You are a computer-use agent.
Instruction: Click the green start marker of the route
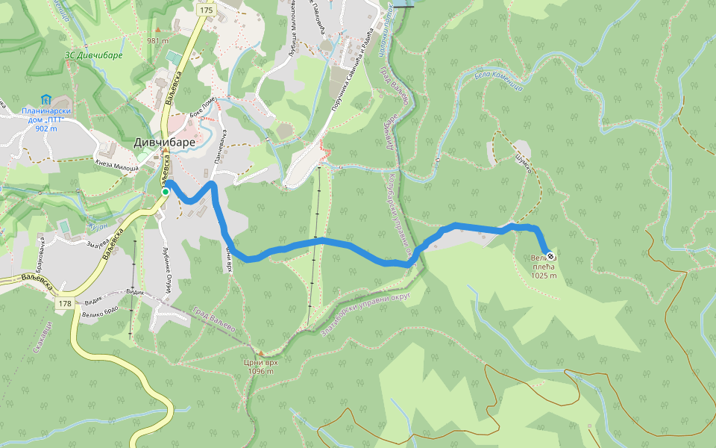tap(166, 192)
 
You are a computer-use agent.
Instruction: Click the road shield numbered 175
tap(207, 10)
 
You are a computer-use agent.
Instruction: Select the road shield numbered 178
tap(66, 303)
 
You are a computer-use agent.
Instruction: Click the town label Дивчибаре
tap(164, 142)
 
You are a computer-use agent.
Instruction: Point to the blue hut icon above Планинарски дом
tap(46, 99)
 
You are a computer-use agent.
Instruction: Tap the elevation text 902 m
tap(46, 128)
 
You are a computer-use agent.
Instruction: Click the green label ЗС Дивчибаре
tap(93, 55)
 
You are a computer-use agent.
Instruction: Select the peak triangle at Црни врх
tap(261, 352)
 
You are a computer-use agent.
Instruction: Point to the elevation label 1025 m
tap(544, 275)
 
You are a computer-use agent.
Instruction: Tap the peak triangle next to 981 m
tap(158, 31)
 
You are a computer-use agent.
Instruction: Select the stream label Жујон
tap(98, 225)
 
